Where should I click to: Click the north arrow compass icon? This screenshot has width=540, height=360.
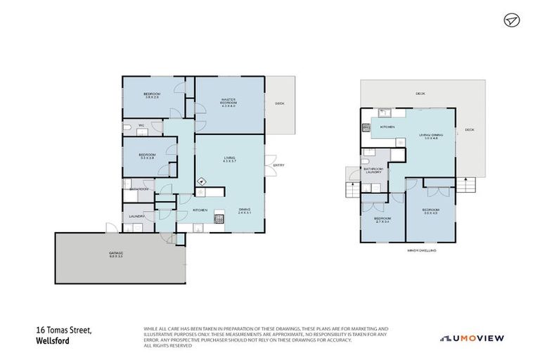(511, 20)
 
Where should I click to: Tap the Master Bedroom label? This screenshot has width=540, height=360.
(229, 103)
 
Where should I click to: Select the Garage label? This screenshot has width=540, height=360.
(116, 255)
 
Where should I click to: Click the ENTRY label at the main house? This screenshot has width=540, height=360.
(278, 165)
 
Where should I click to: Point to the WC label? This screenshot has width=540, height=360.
(141, 126)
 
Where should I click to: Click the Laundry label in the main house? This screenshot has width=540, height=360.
(136, 217)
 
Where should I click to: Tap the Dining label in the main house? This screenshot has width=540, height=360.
(244, 210)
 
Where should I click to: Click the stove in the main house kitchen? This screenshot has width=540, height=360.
(219, 219)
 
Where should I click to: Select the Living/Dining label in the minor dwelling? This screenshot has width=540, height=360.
(431, 136)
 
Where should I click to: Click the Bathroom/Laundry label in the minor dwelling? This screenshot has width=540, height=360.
(373, 171)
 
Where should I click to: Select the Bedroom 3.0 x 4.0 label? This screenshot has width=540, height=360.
(430, 211)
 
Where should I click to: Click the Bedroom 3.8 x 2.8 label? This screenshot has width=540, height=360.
(153, 96)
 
